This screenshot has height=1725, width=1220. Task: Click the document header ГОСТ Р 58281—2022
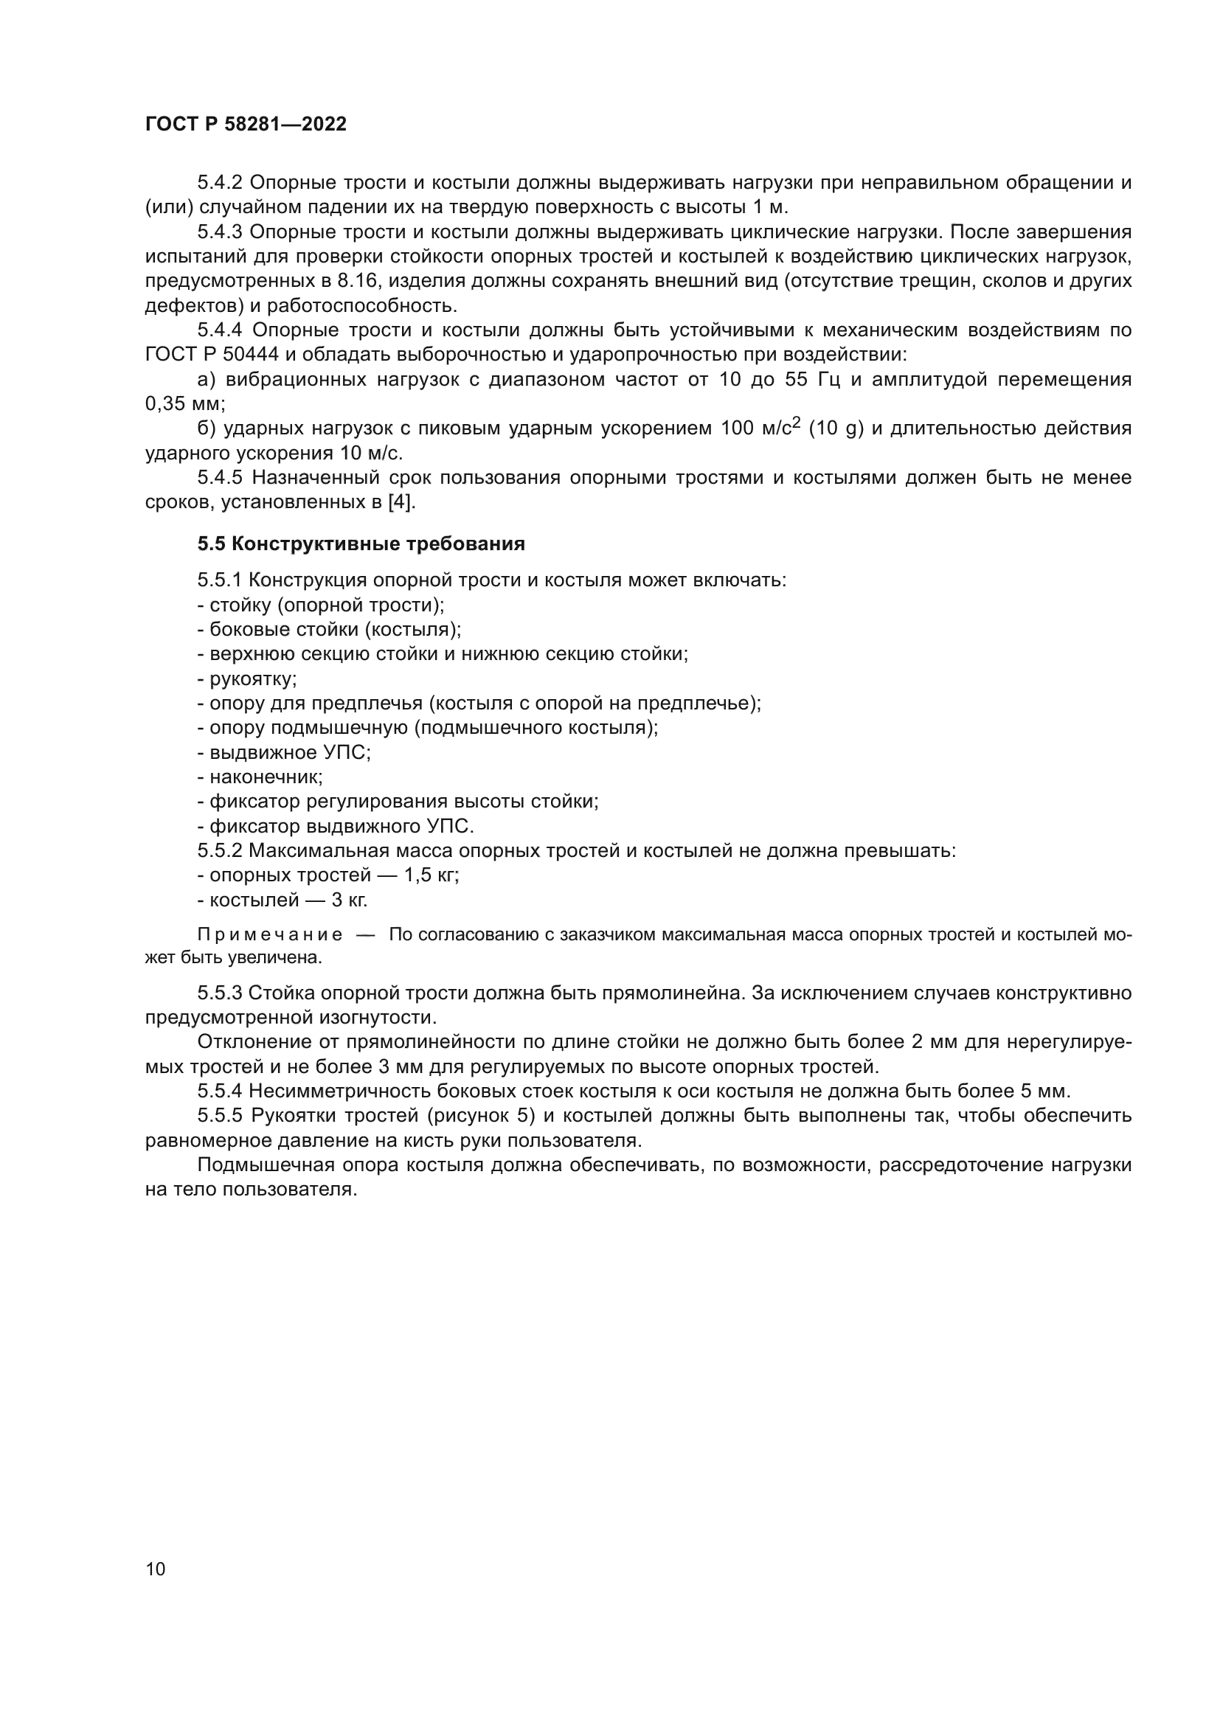[x=246, y=125]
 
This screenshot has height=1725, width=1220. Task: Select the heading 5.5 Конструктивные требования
[x=361, y=544]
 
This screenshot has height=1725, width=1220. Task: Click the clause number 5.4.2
[x=219, y=183]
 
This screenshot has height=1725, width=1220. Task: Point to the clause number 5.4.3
[x=219, y=232]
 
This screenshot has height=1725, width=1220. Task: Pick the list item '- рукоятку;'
[x=247, y=679]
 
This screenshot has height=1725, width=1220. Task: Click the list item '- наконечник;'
[x=260, y=777]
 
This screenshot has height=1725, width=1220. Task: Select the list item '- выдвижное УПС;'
[x=284, y=752]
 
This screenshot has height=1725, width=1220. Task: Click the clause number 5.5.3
[x=219, y=993]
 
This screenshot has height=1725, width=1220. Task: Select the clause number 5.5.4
[x=219, y=1091]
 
